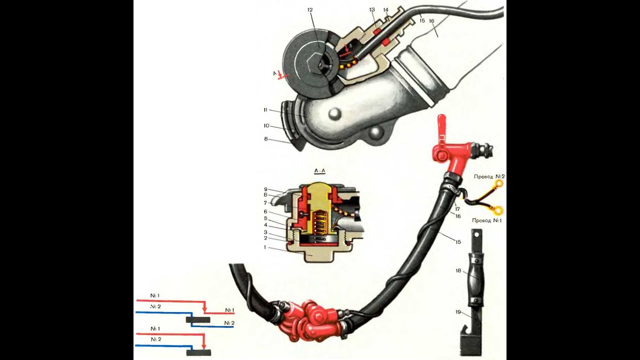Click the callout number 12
[310, 9]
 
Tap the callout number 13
[371, 9]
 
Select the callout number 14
[386, 10]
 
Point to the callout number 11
[265, 110]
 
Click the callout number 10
[266, 125]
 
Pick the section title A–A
[319, 171]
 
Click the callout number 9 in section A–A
[265, 189]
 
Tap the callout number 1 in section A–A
[265, 247]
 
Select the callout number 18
[458, 270]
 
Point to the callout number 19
[458, 312]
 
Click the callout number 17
[457, 209]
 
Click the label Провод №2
[489, 176]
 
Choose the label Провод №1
[487, 220]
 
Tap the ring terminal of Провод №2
[499, 183]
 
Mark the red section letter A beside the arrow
[275, 73]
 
